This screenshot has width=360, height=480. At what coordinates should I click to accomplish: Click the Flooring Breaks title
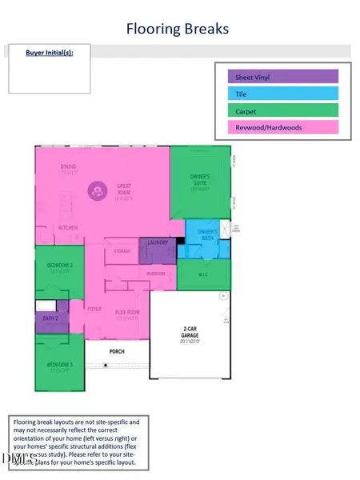tap(178, 29)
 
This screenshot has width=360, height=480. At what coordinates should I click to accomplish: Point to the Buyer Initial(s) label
tap(49, 52)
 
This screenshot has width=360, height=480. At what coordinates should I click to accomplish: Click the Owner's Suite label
tap(200, 178)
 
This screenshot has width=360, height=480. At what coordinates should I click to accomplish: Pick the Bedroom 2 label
tap(59, 265)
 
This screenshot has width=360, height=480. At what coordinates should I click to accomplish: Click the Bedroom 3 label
tap(59, 365)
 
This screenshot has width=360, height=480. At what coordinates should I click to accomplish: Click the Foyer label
tap(94, 308)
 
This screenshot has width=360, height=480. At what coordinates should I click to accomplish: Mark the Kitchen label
tap(67, 228)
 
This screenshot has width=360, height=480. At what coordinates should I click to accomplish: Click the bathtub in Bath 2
tap(46, 306)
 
